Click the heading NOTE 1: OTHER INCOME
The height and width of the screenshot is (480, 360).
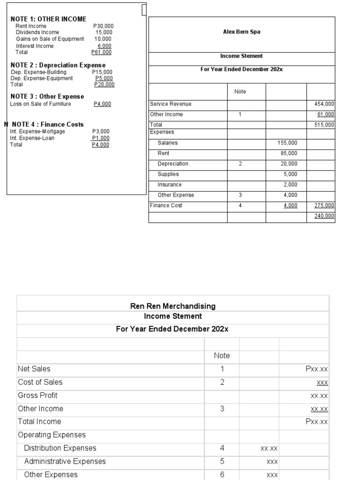coord(48,19)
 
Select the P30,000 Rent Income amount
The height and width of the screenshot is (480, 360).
coord(103,26)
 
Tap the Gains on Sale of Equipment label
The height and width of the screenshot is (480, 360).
coord(50,39)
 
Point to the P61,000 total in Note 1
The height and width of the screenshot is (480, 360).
coord(101,52)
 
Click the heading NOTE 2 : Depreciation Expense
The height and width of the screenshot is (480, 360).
coord(58,65)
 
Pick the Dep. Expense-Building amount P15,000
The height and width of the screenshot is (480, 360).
coord(102,72)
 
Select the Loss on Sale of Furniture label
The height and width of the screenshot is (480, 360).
coord(41,104)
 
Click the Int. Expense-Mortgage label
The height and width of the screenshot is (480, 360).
coord(37,132)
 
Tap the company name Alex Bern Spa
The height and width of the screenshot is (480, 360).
coord(241,32)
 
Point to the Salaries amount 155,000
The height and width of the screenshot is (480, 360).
coord(287,143)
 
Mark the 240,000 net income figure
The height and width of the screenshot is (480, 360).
coord(324,216)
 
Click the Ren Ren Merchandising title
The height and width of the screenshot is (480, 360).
coord(172,306)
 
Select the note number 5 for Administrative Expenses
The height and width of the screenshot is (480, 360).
coord(222,461)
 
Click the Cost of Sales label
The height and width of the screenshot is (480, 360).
coord(40,382)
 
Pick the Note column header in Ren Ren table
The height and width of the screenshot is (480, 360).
coord(222,356)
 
